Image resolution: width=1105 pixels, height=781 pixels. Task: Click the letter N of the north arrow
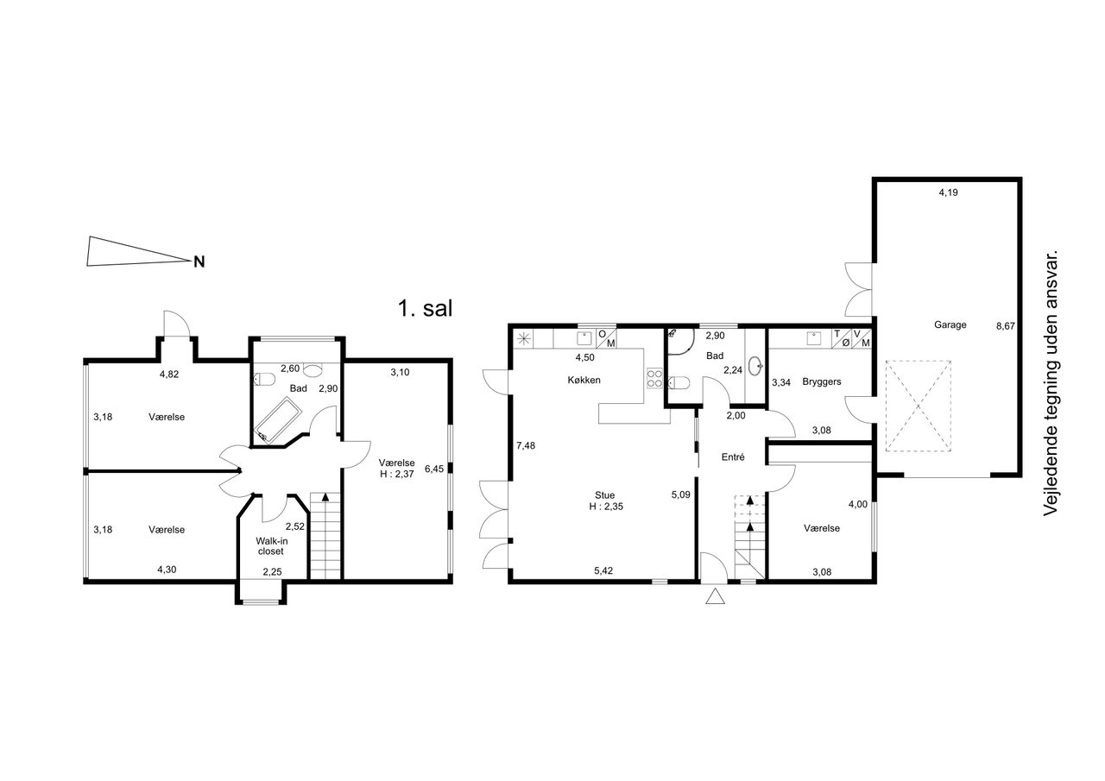pos(199,261)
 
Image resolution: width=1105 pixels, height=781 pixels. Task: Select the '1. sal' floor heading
pos(425,309)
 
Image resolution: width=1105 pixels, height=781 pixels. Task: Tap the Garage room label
pos(950,325)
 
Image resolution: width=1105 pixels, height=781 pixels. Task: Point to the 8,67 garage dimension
pos(1006,326)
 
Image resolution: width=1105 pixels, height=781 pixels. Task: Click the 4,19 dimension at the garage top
pos(948,192)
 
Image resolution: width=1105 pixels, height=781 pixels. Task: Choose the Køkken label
pos(584,381)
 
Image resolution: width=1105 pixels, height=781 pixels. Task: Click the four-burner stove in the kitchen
pos(654,379)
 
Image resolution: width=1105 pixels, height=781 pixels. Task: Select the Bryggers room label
pos(821,381)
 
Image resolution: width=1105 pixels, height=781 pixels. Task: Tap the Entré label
pos(733,457)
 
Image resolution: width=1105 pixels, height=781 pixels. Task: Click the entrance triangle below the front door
pos(715,597)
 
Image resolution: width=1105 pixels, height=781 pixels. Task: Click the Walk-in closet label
pos(271,545)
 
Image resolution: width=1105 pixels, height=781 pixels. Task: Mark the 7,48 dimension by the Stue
pos(526,445)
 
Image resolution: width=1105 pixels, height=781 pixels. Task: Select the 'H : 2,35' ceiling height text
pos(606,507)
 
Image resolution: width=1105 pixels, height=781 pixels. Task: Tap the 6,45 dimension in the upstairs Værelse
pos(434,469)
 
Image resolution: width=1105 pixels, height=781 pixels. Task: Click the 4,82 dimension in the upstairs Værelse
pos(169,375)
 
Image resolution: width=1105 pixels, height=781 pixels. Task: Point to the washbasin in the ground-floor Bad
pos(755,367)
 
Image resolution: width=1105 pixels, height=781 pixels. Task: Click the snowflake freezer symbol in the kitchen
pos(524,339)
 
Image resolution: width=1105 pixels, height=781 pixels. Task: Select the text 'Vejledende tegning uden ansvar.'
pos(1051,383)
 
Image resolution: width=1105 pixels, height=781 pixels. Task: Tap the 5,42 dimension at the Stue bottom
pos(603,571)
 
